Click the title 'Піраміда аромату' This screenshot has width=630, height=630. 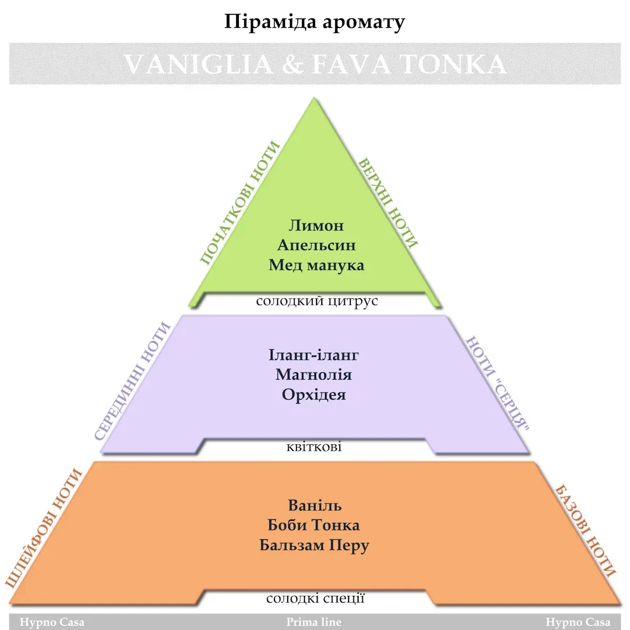(314, 23)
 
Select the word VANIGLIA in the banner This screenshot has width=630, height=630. (198, 64)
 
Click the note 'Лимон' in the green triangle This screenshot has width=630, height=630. (316, 225)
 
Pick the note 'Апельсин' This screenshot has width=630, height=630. (316, 245)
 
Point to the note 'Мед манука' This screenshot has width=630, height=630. (316, 265)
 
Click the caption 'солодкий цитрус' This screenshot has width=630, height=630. (317, 301)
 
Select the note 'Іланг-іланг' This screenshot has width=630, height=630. (313, 355)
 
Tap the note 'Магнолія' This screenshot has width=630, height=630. (313, 375)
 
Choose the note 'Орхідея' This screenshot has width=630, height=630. (313, 395)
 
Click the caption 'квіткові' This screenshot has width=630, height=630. (314, 447)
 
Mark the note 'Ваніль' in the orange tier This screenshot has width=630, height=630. (314, 506)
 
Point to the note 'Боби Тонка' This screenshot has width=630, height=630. (313, 525)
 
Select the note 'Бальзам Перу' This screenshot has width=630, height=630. (314, 545)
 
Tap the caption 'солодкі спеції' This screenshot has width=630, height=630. (315, 598)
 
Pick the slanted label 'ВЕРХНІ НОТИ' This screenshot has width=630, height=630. (388, 203)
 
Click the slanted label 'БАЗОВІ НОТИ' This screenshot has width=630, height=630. (585, 530)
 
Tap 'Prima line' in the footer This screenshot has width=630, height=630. (314, 622)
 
